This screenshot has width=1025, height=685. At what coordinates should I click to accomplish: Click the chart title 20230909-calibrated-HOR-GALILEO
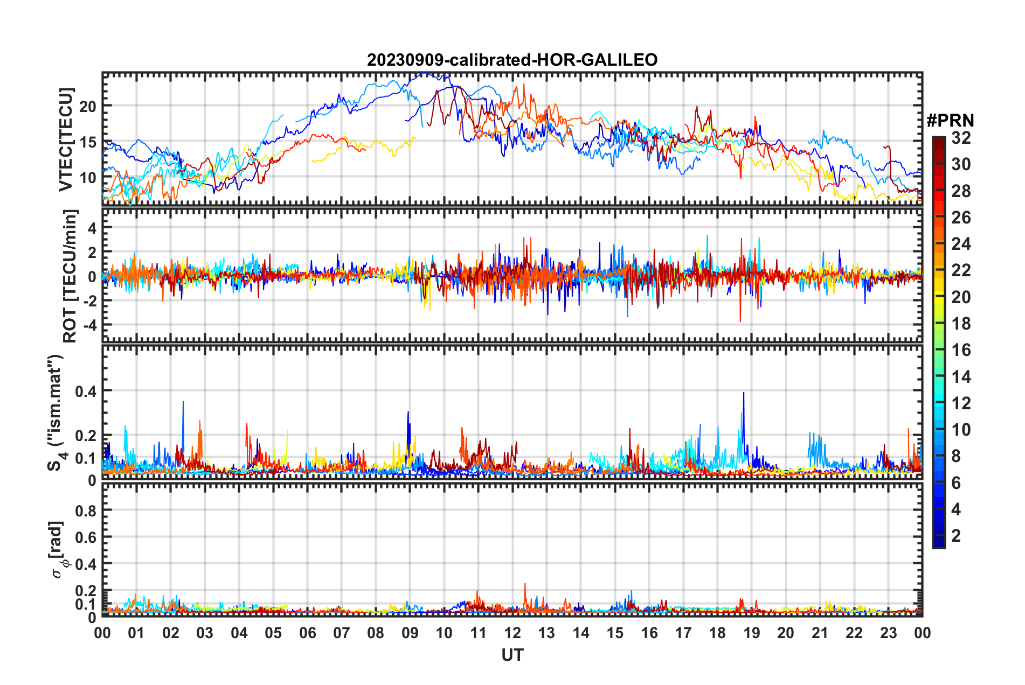point(512,60)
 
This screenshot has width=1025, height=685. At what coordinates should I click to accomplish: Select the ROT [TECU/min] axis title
point(70,276)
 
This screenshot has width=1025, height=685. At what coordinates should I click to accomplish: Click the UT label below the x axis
point(512,655)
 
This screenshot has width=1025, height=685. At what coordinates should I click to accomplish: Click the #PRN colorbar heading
point(950,120)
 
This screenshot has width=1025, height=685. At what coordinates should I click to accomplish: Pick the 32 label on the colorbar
point(960,138)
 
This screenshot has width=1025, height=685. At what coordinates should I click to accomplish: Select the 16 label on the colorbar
point(960,350)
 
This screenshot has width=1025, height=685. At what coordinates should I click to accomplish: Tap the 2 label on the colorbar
point(956,536)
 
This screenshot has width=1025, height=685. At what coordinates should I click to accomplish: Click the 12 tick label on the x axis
point(512,633)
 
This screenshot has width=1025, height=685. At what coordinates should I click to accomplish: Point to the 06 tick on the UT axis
point(307,633)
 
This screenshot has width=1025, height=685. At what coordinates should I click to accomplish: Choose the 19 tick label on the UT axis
point(751,633)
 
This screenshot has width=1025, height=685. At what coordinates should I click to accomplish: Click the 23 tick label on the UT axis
point(888,633)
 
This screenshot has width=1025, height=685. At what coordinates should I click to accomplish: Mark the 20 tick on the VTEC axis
point(88,107)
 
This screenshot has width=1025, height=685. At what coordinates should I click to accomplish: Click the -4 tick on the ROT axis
point(89,325)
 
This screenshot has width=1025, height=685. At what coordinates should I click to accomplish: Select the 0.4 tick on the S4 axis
point(86,391)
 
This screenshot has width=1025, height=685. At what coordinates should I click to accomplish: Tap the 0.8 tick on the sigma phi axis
point(86,511)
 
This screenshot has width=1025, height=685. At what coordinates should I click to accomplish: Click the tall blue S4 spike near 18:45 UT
point(744,396)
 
